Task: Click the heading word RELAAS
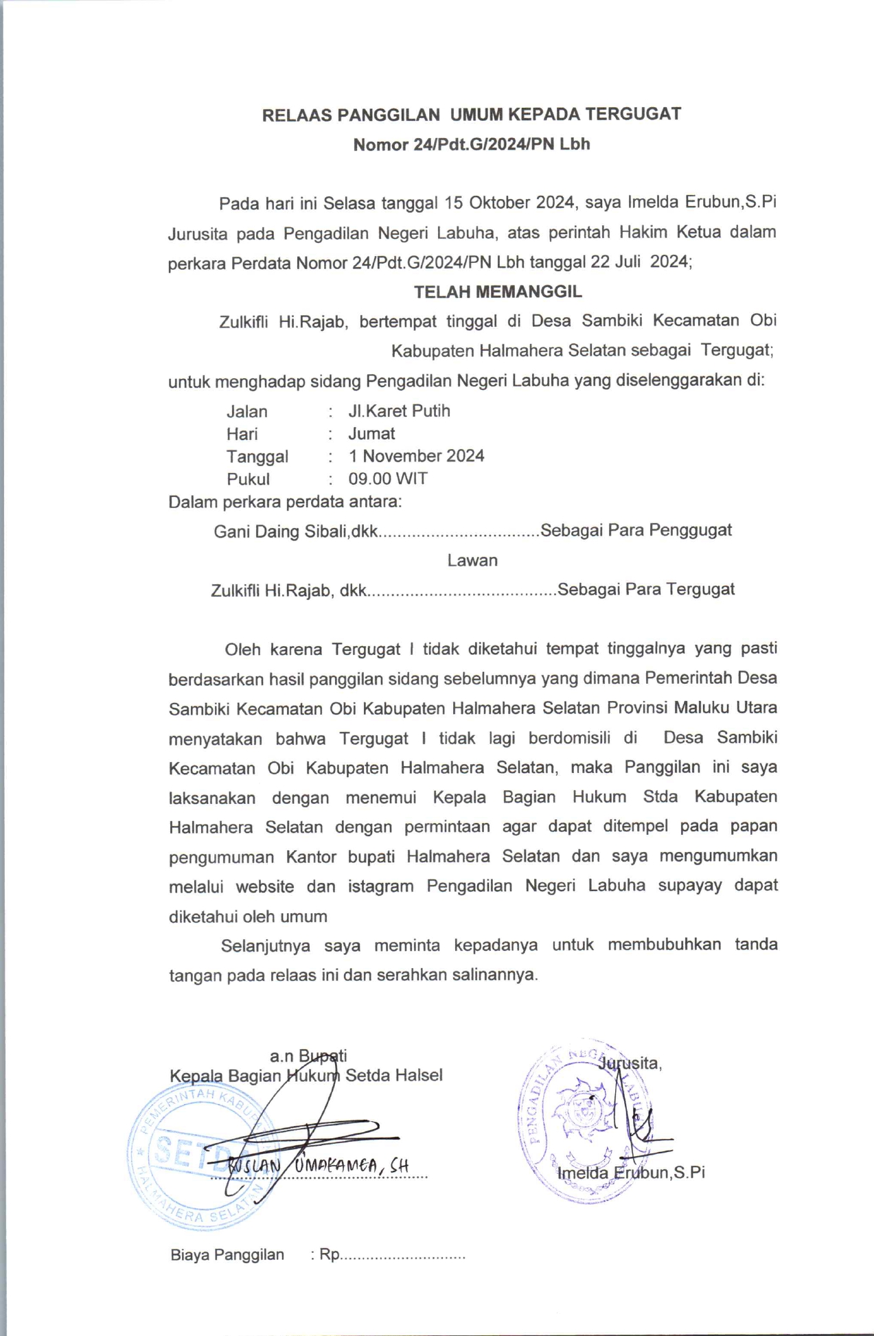296,115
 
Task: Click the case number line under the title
472,144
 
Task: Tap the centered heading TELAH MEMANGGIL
498,292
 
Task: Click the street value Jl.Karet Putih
399,411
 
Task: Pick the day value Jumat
371,434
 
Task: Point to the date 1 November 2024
416,456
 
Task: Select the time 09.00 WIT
388,479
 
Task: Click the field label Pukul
248,479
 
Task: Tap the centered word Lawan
472,560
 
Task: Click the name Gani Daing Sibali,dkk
296,531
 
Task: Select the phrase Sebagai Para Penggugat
636,531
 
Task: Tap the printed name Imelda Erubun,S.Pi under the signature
631,1173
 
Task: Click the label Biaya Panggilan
227,1255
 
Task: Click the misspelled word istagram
380,886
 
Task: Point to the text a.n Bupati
308,1055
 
